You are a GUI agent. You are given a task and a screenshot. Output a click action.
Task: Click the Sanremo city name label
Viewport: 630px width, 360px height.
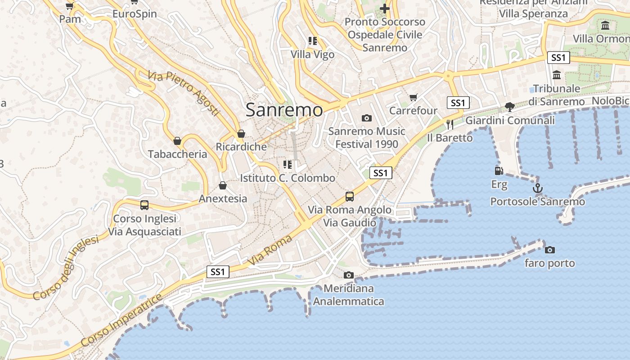[x=284, y=110]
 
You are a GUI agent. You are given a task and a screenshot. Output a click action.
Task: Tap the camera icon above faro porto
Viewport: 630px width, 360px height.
[x=549, y=250]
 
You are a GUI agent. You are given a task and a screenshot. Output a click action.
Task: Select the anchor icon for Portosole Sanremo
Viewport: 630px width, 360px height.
[x=537, y=188]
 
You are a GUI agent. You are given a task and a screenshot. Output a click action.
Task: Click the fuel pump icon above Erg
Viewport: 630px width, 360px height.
[x=499, y=171]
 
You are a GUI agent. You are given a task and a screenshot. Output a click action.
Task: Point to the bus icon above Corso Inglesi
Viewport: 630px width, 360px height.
[x=144, y=205]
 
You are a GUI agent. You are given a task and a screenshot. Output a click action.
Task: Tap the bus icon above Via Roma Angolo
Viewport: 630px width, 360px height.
[x=349, y=197]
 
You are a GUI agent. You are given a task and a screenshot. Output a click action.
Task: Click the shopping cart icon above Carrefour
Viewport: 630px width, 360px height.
[x=413, y=97]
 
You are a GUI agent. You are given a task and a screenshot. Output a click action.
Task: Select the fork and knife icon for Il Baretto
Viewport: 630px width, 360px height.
[x=450, y=125]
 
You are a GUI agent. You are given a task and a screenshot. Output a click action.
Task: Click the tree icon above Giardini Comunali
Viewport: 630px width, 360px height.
[x=509, y=107]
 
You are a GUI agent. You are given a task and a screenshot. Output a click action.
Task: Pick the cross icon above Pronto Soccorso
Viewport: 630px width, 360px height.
[x=384, y=8]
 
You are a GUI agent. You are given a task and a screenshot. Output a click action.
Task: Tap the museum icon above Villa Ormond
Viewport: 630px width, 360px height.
[x=605, y=25]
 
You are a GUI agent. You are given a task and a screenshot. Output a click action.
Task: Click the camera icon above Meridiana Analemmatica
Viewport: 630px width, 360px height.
[x=348, y=275]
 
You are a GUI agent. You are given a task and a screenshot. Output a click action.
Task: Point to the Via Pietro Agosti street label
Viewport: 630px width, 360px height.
[x=183, y=94]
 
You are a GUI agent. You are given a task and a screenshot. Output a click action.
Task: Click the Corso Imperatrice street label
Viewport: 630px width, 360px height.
[x=121, y=320]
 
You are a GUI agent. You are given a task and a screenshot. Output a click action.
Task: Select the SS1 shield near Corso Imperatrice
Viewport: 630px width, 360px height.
[x=218, y=272]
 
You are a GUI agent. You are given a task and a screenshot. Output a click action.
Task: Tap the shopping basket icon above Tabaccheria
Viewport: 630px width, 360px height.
[x=177, y=141]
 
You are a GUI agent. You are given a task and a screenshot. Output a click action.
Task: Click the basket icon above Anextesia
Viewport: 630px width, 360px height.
[x=222, y=185]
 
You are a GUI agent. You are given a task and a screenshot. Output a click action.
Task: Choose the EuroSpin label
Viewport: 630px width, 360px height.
[x=135, y=14]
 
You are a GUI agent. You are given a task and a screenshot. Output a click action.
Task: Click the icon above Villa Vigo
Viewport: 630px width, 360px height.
[x=312, y=41]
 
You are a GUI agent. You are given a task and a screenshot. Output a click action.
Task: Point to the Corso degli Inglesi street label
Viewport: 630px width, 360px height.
[x=66, y=268]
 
